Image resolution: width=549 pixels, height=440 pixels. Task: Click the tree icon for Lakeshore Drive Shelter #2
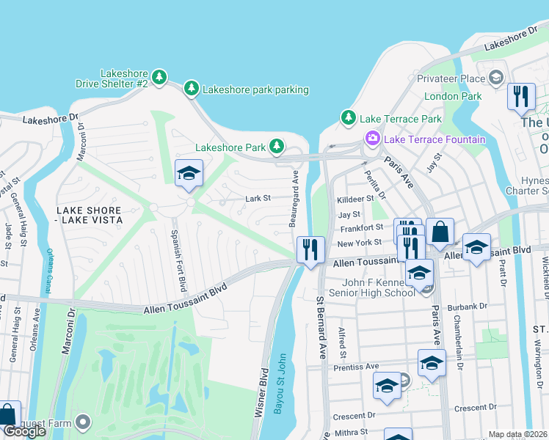point(159,77)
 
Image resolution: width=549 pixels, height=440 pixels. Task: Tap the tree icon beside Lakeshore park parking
point(192,89)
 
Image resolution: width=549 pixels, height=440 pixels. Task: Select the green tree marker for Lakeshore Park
point(277,147)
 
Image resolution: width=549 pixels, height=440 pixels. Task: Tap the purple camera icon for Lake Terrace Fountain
point(373,139)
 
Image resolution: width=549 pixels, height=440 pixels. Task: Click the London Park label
point(453,96)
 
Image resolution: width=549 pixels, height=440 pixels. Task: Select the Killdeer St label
point(356,199)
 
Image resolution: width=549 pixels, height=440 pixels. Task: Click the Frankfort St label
point(360,228)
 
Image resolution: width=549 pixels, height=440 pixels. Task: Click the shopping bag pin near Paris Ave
point(439,232)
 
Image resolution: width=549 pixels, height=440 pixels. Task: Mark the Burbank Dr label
point(469,306)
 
